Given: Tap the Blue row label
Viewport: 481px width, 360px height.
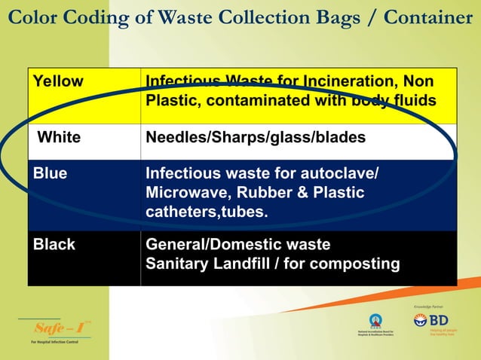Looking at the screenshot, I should point(50,173).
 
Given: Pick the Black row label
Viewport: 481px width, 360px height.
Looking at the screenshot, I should point(54,244).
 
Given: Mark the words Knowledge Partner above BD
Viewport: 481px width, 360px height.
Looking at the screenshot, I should point(431,307).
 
